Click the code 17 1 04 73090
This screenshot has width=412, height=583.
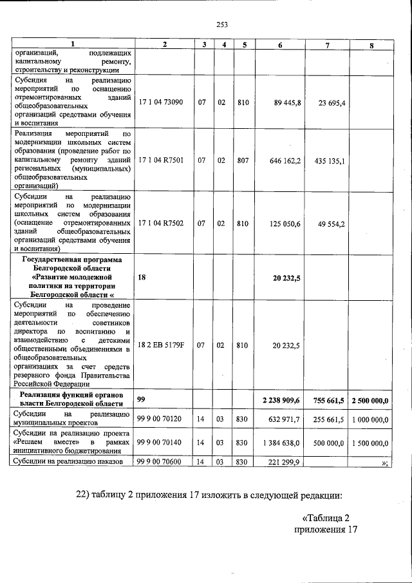tap(161, 102)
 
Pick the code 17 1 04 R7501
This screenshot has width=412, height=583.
tap(161, 160)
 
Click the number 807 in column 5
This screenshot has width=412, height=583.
tap(243, 160)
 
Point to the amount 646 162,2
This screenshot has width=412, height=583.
tap(285, 160)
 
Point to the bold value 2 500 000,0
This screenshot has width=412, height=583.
tap(370, 401)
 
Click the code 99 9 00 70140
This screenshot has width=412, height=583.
tap(161, 443)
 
